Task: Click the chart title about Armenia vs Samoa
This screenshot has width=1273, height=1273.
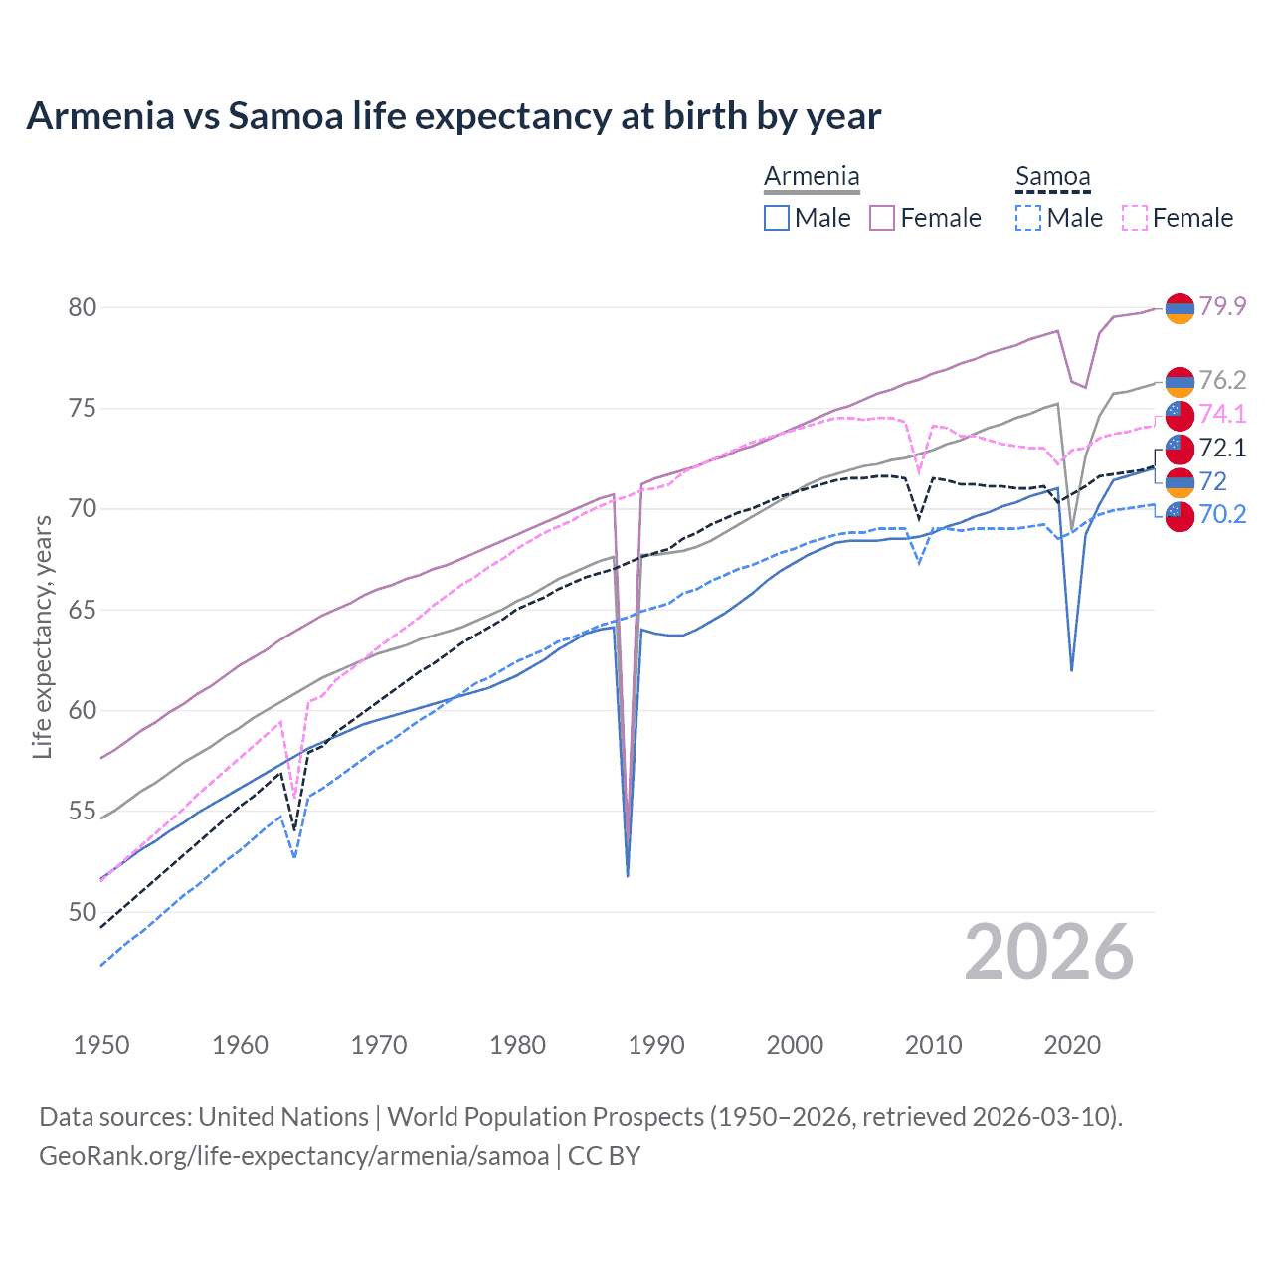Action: [454, 116]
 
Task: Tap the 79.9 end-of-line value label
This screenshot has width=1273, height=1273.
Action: [1222, 306]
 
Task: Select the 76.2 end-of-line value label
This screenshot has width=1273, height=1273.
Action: [1222, 380]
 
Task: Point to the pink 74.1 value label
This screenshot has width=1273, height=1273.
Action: [1222, 414]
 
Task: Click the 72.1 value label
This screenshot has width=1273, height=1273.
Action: [1222, 448]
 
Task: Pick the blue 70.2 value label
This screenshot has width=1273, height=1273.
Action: [1222, 514]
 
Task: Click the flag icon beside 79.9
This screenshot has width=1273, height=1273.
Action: [1180, 308]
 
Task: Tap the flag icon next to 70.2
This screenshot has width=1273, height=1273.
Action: [1180, 516]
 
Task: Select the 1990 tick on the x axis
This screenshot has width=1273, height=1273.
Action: [656, 1045]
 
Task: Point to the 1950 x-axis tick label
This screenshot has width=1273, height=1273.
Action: [101, 1045]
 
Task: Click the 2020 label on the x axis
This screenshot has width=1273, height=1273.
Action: [1072, 1045]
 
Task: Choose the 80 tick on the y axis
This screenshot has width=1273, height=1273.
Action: [83, 307]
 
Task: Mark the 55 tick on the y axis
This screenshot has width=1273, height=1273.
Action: [83, 812]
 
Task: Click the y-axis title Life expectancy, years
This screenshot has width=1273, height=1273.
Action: [43, 636]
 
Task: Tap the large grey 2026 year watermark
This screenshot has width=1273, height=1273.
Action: [1049, 952]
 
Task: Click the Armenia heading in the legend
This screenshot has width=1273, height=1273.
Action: [812, 177]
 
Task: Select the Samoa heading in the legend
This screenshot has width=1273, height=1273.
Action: [1052, 177]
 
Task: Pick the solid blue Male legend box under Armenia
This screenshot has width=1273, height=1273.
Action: [777, 218]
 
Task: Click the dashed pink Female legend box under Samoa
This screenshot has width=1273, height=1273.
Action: [1135, 218]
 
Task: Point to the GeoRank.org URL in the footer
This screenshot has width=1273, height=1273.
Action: [293, 1156]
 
